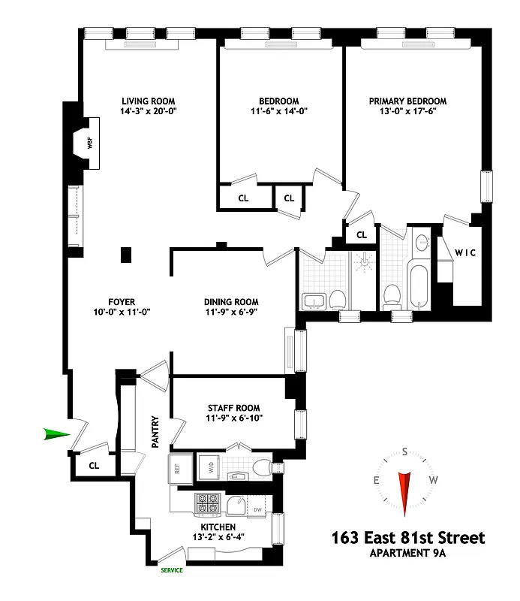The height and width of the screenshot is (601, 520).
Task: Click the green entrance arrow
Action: pyautogui.click(x=56, y=434)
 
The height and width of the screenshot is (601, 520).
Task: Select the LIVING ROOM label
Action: pyautogui.click(x=149, y=101)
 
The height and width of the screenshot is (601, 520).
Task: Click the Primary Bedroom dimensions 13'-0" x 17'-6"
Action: pyautogui.click(x=407, y=111)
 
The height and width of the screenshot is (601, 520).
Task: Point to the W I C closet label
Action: pyautogui.click(x=465, y=252)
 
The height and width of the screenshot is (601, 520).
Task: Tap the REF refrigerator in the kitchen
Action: pyautogui.click(x=178, y=467)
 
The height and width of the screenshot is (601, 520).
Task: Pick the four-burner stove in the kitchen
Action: pyautogui.click(x=206, y=503)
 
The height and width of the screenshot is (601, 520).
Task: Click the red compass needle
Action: pyautogui.click(x=405, y=493)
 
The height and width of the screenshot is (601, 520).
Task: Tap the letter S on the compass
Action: pyautogui.click(x=405, y=452)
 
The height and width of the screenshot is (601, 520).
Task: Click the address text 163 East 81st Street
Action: pyautogui.click(x=407, y=538)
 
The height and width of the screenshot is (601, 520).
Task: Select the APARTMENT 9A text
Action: pyautogui.click(x=407, y=554)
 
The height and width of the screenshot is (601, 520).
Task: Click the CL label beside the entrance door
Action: pyautogui.click(x=94, y=466)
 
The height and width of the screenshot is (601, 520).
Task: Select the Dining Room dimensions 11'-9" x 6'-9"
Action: pyautogui.click(x=232, y=313)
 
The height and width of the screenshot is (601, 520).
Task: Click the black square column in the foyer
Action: pyautogui.click(x=126, y=255)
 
